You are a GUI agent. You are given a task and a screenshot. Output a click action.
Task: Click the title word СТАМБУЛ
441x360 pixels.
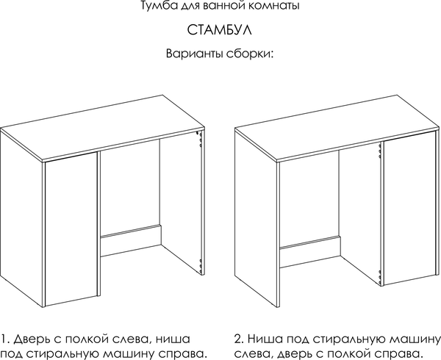pyautogui.click(x=220, y=32)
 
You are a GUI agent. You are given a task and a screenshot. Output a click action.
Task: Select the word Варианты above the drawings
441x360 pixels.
pyautogui.click(x=193, y=55)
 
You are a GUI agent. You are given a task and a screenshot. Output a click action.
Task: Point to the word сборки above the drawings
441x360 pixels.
pyautogui.click(x=249, y=56)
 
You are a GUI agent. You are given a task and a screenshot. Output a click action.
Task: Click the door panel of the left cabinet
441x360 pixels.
pyautogui.click(x=71, y=231)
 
